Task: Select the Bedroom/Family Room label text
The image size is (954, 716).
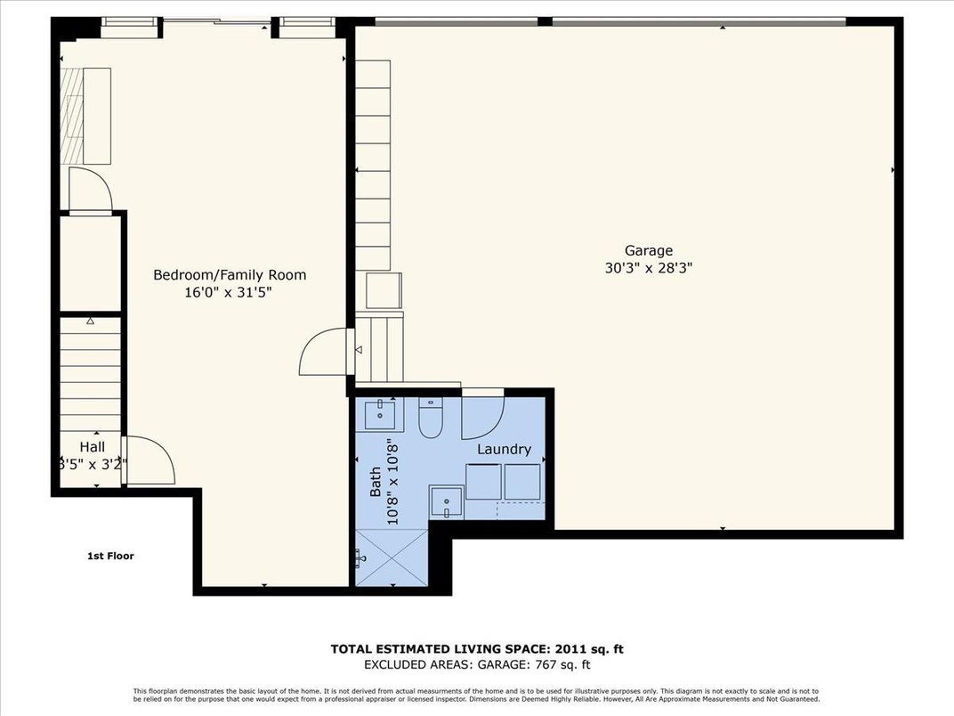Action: click(230, 274)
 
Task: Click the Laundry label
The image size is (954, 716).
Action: click(504, 450)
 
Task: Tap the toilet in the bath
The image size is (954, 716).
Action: click(430, 419)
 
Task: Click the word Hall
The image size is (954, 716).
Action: click(92, 447)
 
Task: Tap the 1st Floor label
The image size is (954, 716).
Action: click(110, 556)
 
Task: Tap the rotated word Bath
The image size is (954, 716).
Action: click(376, 483)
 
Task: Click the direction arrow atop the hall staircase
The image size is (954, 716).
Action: click(90, 321)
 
